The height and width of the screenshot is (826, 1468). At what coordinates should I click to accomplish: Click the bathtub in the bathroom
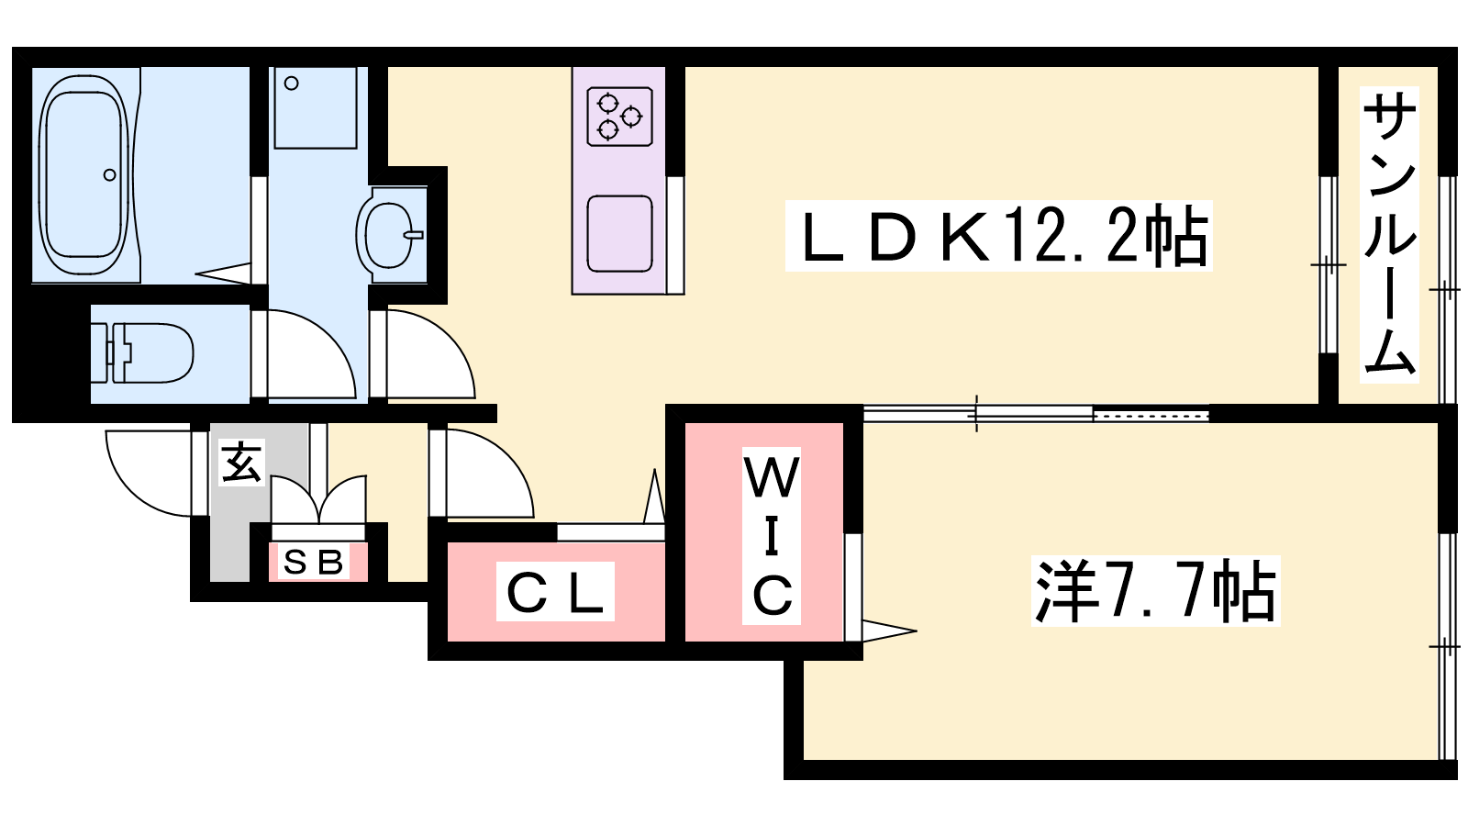tap(83, 174)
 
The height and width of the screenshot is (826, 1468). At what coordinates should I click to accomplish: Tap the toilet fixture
tap(142, 352)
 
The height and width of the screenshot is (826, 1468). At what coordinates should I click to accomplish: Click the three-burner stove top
tap(619, 116)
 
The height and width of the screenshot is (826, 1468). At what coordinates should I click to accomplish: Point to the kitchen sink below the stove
tap(619, 233)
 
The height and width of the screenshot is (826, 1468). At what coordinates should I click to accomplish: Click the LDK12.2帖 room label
tap(998, 236)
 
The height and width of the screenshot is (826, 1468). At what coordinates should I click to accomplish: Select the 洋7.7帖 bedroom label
tap(1155, 591)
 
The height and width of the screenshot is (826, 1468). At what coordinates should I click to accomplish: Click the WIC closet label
tap(772, 536)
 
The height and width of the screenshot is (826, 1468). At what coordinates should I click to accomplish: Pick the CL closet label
tap(555, 591)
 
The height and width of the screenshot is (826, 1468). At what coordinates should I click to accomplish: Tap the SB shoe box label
tap(313, 562)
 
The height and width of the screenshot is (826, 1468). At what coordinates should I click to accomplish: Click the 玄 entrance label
tap(242, 463)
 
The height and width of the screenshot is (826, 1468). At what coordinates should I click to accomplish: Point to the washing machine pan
tap(316, 107)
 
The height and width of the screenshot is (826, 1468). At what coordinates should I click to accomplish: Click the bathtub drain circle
tap(110, 174)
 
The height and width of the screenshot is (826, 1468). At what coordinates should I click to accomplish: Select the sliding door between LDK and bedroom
tap(1036, 414)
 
